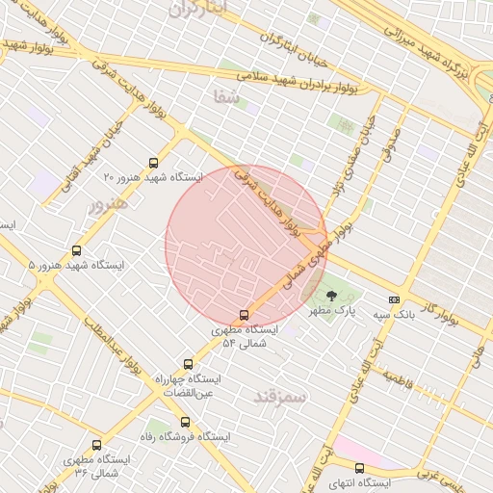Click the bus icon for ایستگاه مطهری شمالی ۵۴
pyautogui.click(x=244, y=315)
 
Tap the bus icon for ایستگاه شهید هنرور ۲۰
pyautogui.click(x=154, y=163)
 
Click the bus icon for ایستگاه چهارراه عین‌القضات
pyautogui.click(x=188, y=365)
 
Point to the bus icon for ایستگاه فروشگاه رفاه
pyautogui.click(x=186, y=422)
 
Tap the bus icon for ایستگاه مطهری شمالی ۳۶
pyautogui.click(x=96, y=445)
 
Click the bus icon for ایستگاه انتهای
pyautogui.click(x=359, y=468)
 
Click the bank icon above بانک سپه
pyautogui.click(x=393, y=300)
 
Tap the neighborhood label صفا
pyautogui.click(x=226, y=96)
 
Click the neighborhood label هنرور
pyautogui.click(x=107, y=206)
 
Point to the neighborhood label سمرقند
pyautogui.click(x=280, y=396)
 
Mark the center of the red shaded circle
pyautogui.click(x=247, y=246)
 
